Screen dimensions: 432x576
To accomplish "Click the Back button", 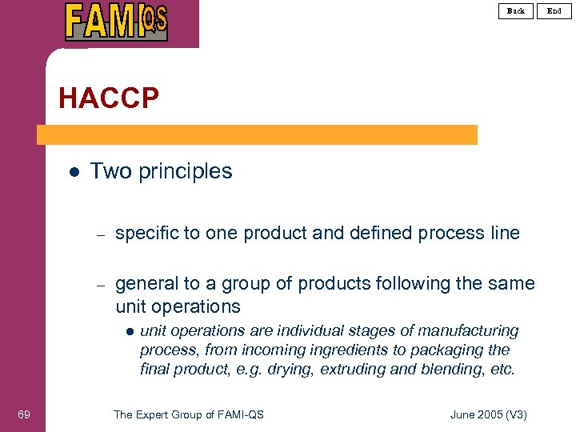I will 516,10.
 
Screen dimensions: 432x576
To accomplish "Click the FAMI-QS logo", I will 117,22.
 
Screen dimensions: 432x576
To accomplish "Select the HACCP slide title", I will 109,98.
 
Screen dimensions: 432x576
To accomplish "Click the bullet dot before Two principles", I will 73,171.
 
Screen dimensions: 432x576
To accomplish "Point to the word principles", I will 187,171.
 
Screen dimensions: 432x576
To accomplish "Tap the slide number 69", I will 23,414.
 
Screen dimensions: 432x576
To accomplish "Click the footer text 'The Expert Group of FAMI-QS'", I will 189,414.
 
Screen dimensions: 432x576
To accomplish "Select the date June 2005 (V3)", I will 489,414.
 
